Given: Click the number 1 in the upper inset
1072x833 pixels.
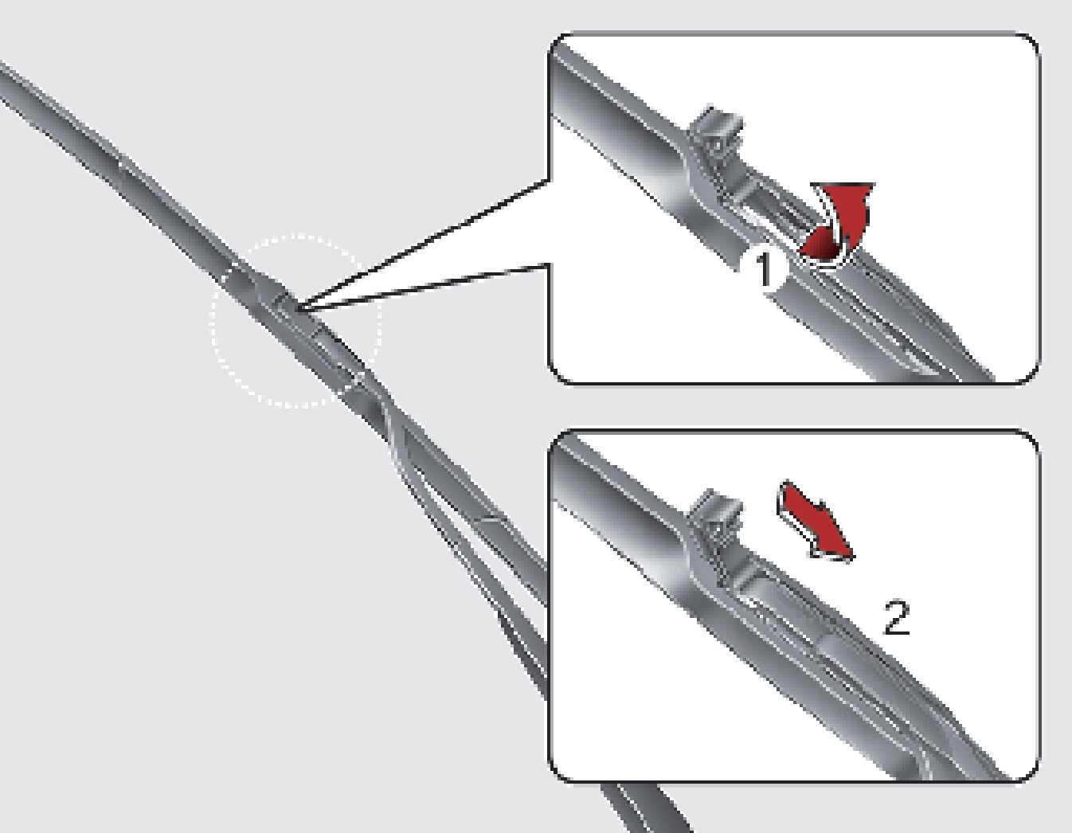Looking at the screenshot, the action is (x=763, y=269).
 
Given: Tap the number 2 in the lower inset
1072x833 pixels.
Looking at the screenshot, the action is (x=896, y=619).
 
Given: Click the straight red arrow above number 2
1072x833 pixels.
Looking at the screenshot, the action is (x=815, y=522).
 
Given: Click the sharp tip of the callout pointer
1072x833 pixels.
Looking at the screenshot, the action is (x=297, y=309).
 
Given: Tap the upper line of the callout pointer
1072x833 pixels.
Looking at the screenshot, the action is (x=423, y=244).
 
